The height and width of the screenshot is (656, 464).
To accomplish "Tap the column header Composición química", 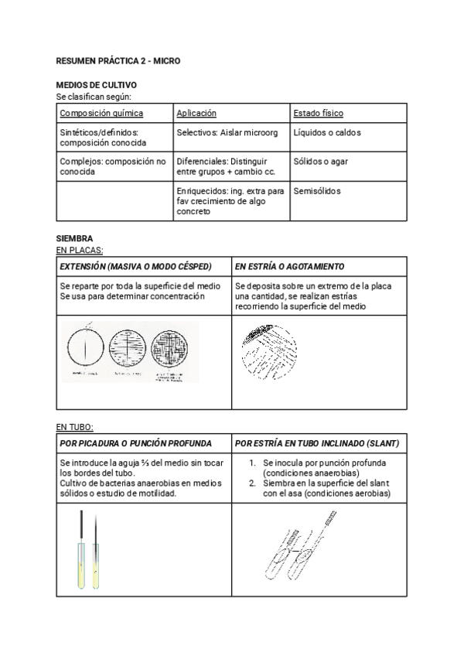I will tap(101, 113).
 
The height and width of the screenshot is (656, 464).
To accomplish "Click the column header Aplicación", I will tap(196, 113).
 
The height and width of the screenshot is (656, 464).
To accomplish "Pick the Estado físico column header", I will tap(318, 113).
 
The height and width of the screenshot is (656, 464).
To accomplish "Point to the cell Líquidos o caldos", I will tap(326, 132).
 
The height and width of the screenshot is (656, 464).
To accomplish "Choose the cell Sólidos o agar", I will tap(321, 162).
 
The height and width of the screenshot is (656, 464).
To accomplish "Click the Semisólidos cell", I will tap(317, 191).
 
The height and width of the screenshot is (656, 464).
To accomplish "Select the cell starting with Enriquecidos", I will tap(230, 200).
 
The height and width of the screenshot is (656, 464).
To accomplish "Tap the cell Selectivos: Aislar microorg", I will tap(227, 132).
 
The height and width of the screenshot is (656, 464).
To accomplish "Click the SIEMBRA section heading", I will tap(75, 239).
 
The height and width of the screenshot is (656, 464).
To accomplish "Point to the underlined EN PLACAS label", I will tap(80, 250).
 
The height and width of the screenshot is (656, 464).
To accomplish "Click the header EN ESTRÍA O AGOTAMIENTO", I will tap(289, 266).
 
